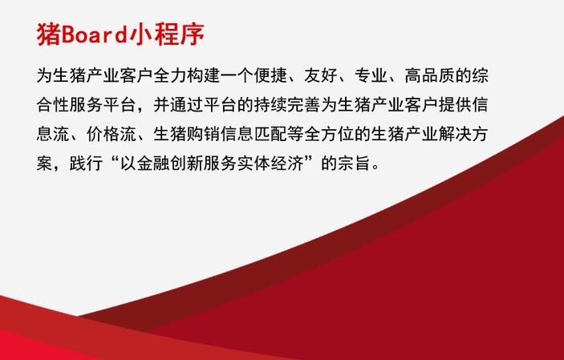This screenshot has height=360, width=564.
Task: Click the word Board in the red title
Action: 95,35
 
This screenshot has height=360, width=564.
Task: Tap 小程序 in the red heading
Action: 167,34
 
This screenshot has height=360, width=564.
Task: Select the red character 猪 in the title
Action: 49,34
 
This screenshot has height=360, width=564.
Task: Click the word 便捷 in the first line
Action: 270,75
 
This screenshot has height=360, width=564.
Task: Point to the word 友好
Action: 321,75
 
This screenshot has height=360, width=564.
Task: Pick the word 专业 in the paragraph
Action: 371,75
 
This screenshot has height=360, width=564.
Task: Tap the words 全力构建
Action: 187,75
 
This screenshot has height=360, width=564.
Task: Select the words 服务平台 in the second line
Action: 103,105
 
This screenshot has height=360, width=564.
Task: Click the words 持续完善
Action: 287,105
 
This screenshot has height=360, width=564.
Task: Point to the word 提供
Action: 455,105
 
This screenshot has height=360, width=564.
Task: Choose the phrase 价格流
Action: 112,134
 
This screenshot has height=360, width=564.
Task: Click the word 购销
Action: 204,134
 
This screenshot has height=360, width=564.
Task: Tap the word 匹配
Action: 270,134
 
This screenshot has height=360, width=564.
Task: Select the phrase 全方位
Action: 329,134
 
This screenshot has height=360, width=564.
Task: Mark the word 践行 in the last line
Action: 87,164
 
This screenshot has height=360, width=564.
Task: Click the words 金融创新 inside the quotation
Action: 170,164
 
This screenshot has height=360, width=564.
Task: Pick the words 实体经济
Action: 270,164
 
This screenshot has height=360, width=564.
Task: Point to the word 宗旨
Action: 355,164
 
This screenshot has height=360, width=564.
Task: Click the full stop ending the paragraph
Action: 376,168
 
